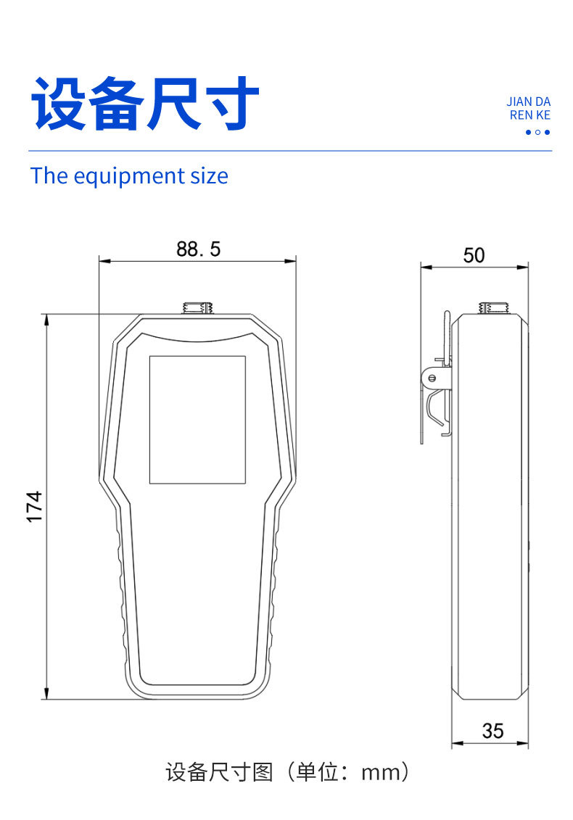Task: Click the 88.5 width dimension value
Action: pyautogui.click(x=198, y=249)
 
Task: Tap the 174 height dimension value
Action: pyautogui.click(x=35, y=507)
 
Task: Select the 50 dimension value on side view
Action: pyautogui.click(x=474, y=255)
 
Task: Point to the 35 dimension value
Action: pyautogui.click(x=492, y=731)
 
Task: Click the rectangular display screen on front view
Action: pyautogui.click(x=197, y=419)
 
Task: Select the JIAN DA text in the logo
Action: pyautogui.click(x=528, y=102)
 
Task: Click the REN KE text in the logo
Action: pyautogui.click(x=530, y=115)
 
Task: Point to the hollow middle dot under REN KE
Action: pyautogui.click(x=537, y=132)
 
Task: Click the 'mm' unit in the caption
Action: pyautogui.click(x=380, y=773)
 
